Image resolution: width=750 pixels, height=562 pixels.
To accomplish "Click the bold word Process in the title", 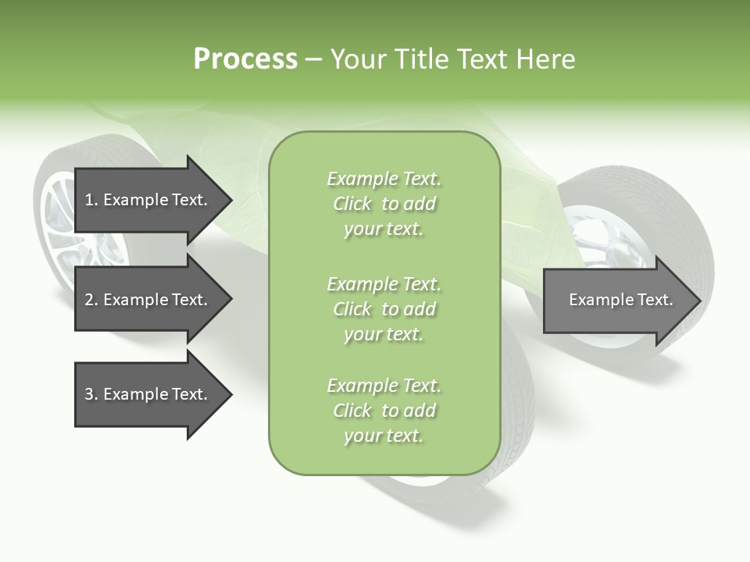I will pos(245,59).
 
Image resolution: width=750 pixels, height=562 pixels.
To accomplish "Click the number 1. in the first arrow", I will pos(91,200).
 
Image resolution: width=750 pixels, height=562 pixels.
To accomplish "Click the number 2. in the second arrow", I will pos(91,300).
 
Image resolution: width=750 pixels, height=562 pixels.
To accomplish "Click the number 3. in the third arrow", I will pos(91,394).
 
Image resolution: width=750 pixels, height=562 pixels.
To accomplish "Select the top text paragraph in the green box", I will pos(384,204).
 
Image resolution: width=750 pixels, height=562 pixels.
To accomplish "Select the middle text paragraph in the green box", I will pos(384,309).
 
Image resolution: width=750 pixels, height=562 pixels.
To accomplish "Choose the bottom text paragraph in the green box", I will pos(384,411).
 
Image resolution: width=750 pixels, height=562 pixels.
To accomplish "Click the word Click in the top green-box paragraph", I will pos(352,204).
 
